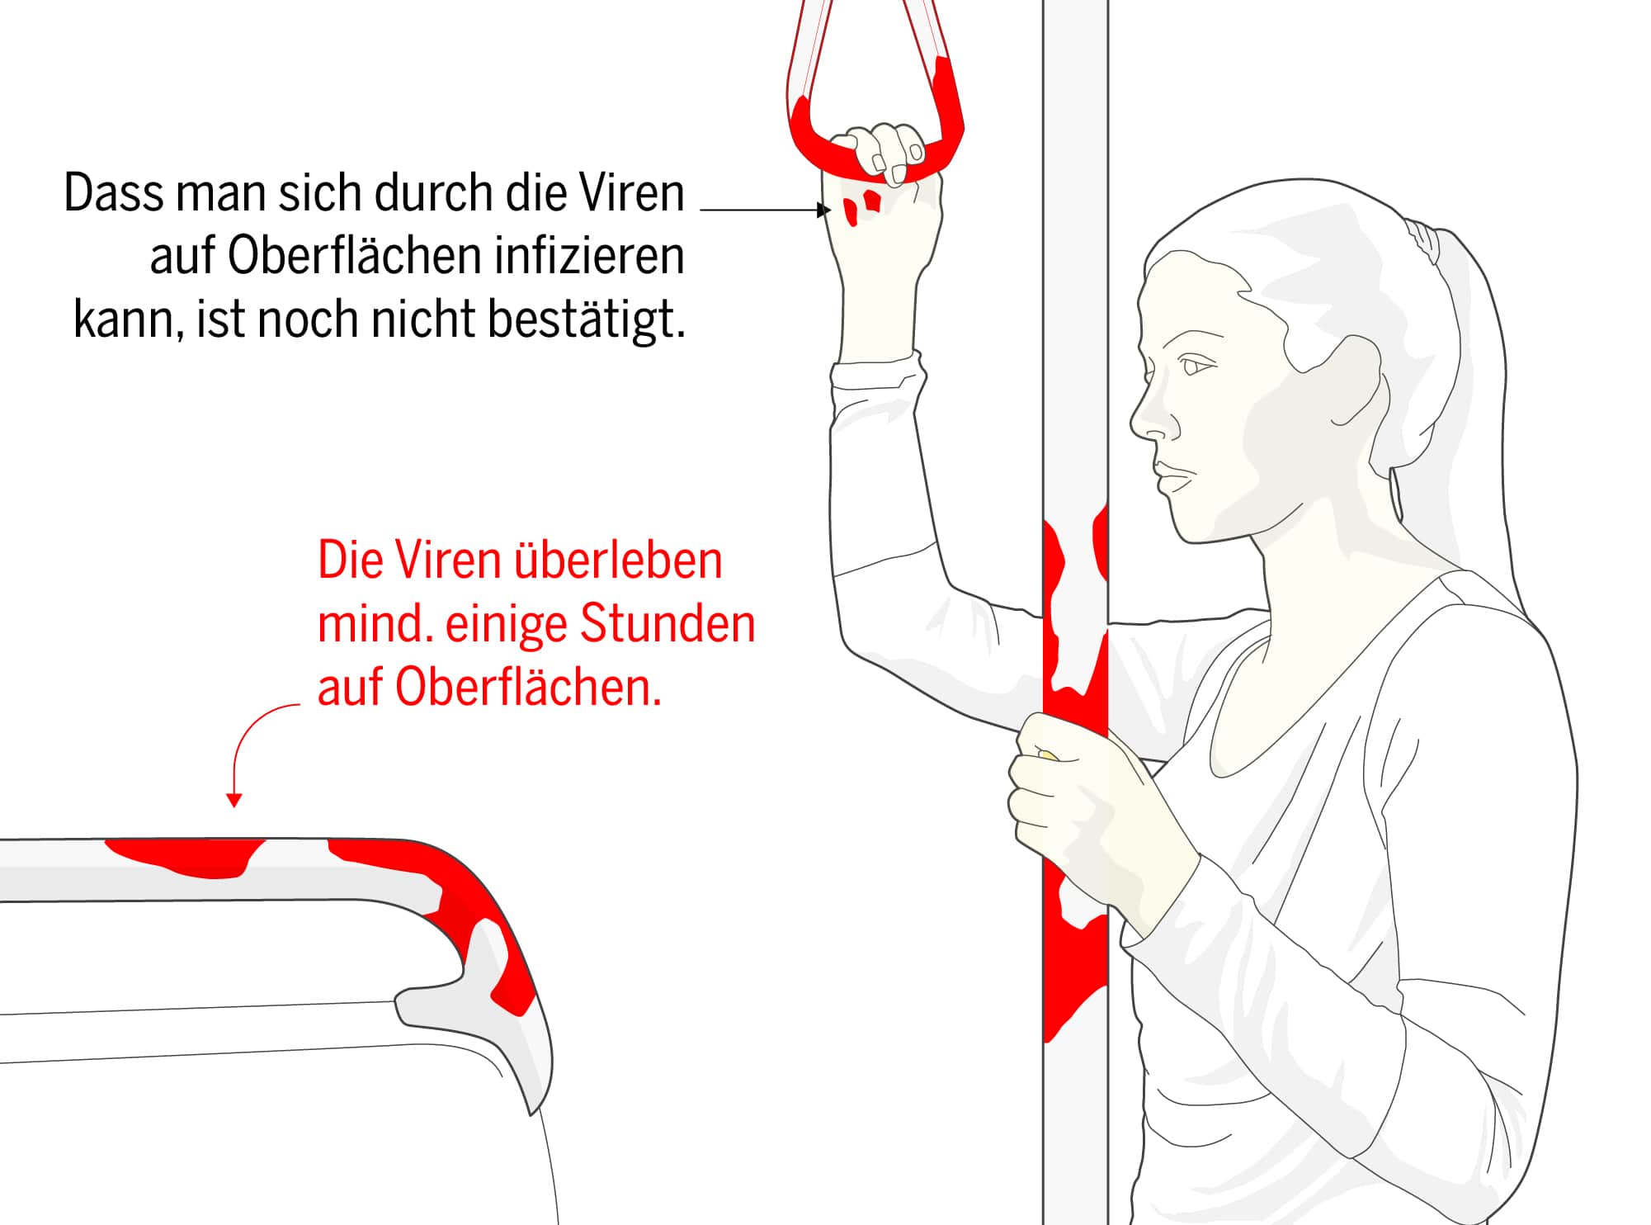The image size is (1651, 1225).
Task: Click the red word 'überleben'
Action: pos(618,561)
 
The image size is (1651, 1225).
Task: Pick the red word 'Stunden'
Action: pos(667,625)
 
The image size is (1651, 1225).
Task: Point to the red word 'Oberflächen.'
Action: pos(528,688)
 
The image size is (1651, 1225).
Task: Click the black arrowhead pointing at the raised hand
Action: pos(824,210)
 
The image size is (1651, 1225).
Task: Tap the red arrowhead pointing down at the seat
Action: pos(234,800)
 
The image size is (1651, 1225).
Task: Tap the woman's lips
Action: pos(1170,478)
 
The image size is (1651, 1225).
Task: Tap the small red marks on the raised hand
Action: pos(861,206)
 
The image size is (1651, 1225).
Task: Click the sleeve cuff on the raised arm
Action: pos(876,376)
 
